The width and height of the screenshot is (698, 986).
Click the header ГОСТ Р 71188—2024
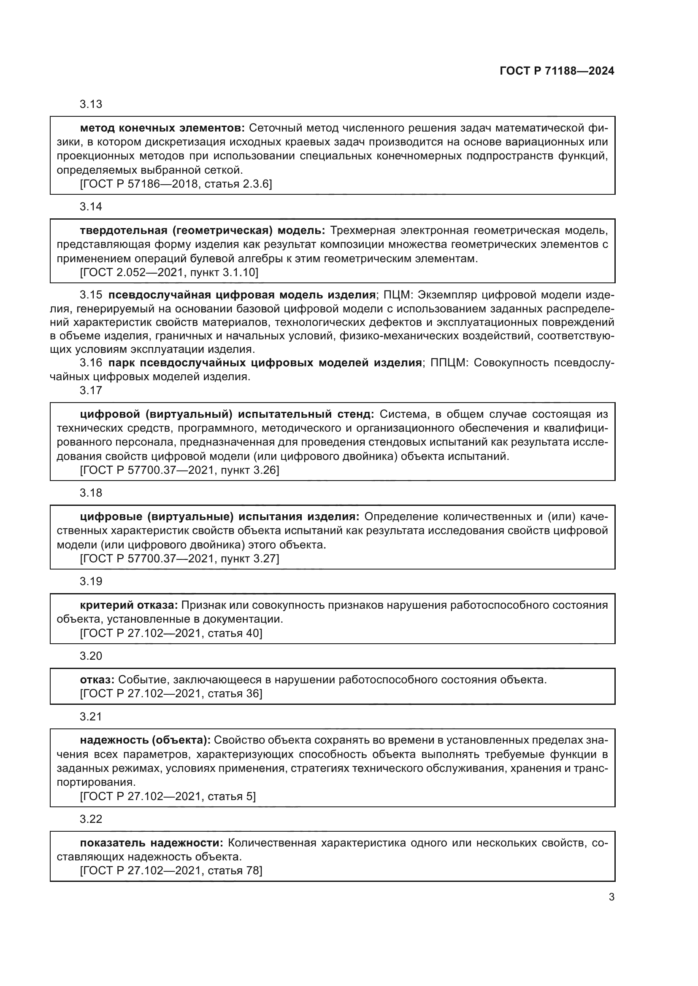(x=557, y=71)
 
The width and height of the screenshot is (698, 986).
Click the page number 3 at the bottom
(x=611, y=897)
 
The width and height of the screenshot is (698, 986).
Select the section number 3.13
(x=91, y=105)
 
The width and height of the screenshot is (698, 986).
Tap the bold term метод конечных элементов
(x=162, y=128)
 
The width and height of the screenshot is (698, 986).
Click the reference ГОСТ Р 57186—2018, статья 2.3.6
(x=176, y=184)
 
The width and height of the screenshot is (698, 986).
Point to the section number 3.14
(x=91, y=207)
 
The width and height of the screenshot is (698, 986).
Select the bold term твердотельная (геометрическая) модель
(x=203, y=231)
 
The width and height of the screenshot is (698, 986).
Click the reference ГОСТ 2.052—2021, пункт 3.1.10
(x=169, y=272)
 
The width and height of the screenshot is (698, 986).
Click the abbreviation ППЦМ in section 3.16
(x=448, y=363)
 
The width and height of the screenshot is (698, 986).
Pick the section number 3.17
(x=91, y=390)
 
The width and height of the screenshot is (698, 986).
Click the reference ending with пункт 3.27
(x=179, y=558)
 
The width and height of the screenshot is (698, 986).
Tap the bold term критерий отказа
(x=129, y=605)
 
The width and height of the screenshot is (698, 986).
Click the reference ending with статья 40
(x=171, y=633)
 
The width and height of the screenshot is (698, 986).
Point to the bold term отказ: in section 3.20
(x=97, y=680)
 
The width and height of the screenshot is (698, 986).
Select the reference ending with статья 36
(x=171, y=693)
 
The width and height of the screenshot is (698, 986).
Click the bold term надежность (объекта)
(x=145, y=740)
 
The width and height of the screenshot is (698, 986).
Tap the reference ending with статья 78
(x=171, y=870)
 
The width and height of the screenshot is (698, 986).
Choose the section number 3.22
(x=91, y=819)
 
